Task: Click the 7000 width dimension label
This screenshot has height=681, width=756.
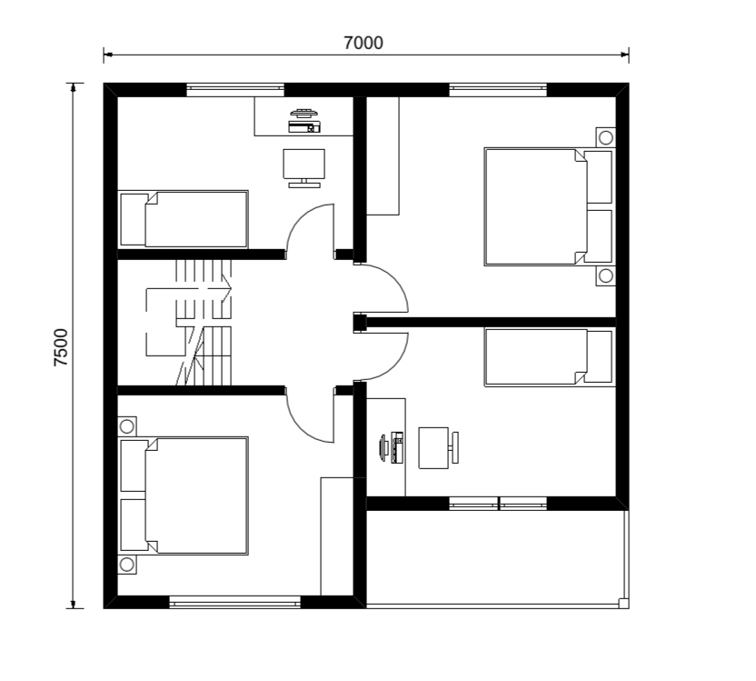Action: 363,43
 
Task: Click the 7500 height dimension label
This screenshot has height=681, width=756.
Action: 61,347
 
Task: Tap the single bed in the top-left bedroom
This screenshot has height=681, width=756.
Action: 184,219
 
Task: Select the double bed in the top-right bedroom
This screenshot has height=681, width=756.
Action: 549,206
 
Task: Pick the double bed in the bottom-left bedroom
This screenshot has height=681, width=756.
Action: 184,496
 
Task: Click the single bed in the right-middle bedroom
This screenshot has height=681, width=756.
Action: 549,357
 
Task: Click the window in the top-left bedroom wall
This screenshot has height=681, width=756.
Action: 235,89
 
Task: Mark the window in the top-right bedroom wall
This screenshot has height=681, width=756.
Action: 498,89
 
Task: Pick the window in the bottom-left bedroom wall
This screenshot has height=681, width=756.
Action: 235,601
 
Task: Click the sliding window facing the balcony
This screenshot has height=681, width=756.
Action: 498,503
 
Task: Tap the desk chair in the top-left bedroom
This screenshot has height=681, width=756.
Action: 303,168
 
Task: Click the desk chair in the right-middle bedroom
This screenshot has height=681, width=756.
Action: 438,447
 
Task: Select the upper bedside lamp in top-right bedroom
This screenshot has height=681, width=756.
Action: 605,137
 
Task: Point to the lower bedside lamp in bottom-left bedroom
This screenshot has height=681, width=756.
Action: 127,565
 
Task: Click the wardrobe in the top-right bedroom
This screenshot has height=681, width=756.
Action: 383,155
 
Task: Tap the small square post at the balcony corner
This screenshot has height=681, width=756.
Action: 623,603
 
